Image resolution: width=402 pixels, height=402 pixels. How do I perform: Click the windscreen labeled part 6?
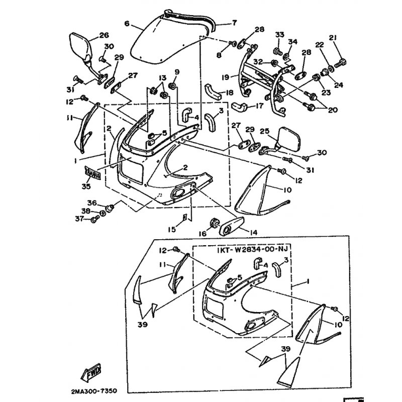[161, 40]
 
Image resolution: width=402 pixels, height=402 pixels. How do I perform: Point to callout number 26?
[104, 35]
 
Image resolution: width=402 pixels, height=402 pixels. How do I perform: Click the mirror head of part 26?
[79, 46]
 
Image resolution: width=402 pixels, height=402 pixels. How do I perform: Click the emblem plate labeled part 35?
[93, 173]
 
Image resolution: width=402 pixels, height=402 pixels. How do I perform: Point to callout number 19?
[226, 77]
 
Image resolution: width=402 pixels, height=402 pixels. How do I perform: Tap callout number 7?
[234, 23]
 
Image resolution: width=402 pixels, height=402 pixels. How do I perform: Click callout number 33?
[279, 34]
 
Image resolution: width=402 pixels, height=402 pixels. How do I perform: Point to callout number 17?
[259, 106]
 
